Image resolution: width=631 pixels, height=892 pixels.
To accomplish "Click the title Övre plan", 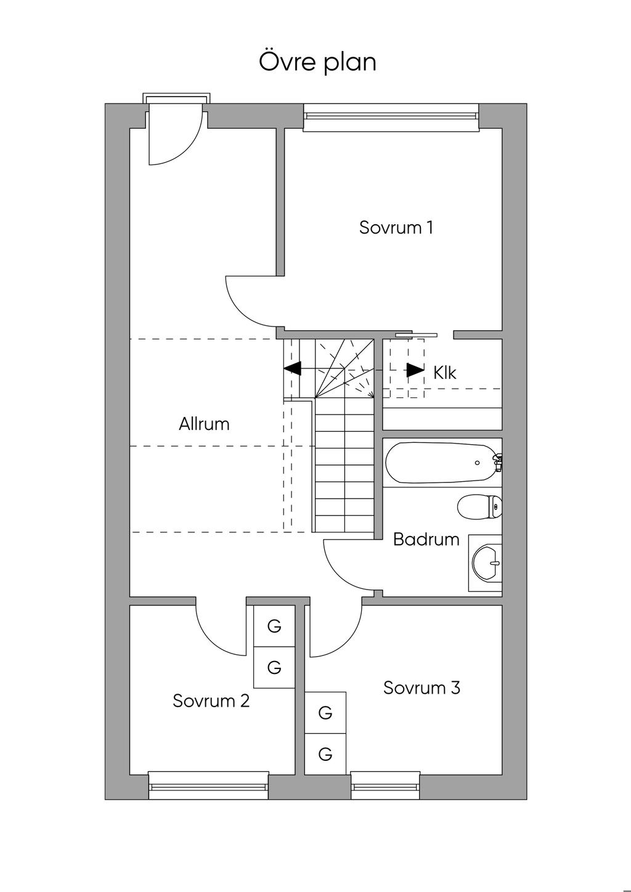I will tap(317, 62).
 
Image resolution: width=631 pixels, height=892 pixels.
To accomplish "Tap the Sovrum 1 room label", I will tap(396, 227).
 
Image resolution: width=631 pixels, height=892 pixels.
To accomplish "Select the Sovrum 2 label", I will tap(211, 701).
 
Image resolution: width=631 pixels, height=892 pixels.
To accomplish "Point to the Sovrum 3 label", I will tap(421, 687).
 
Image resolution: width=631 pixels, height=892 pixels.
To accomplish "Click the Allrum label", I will tap(204, 424).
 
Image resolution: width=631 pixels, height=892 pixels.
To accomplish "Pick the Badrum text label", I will tap(426, 540).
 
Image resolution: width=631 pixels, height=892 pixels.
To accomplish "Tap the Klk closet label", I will tap(445, 373).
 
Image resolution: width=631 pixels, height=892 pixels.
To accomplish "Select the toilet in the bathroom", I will tap(480, 507).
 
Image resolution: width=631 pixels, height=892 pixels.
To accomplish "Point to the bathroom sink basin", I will tap(487, 562).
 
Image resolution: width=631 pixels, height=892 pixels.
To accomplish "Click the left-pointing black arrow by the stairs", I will tap(292, 368).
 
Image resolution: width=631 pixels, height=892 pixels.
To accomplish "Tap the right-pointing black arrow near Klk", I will tap(415, 370).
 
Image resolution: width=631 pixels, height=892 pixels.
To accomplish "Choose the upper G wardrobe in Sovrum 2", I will tap(274, 626).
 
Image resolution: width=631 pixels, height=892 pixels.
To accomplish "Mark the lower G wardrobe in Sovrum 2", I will tap(274, 667).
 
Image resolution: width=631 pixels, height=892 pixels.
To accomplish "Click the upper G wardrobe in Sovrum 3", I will tap(325, 713).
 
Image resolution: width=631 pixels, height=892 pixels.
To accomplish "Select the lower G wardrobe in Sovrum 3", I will tap(325, 753).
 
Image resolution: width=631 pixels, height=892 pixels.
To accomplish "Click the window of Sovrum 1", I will tap(391, 117).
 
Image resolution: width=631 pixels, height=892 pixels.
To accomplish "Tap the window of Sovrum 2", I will tap(209, 785).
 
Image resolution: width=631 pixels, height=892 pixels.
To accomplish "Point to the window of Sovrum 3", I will tap(386, 785).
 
